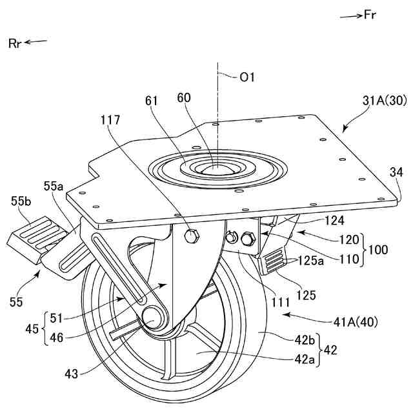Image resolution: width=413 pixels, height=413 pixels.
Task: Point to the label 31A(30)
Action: click(x=384, y=101)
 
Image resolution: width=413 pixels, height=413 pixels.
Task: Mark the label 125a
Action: click(x=312, y=261)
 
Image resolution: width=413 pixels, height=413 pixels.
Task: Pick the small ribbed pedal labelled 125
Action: click(x=272, y=262)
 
